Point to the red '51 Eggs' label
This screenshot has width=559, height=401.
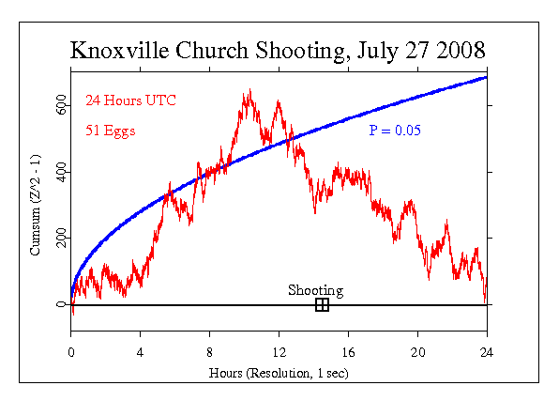(110, 131)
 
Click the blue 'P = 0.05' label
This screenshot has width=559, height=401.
(395, 130)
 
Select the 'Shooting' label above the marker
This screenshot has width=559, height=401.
(315, 290)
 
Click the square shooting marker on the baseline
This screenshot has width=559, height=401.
(322, 304)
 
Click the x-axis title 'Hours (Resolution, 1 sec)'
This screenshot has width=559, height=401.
(279, 372)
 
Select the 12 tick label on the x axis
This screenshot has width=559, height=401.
(279, 352)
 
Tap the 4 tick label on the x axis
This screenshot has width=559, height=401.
(141, 352)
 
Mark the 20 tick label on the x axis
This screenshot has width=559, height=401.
(417, 352)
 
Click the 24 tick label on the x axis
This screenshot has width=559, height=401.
(487, 352)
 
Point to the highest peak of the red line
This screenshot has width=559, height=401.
(249, 90)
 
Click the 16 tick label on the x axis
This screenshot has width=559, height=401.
(348, 352)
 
